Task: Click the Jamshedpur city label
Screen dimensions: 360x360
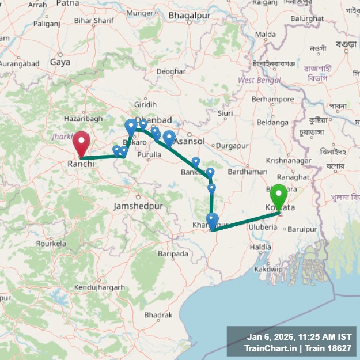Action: pyautogui.click(x=138, y=206)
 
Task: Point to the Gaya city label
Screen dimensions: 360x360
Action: pyautogui.click(x=60, y=62)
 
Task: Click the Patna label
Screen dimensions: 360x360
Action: pyautogui.click(x=68, y=3)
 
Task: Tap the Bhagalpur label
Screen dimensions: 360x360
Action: pyautogui.click(x=188, y=15)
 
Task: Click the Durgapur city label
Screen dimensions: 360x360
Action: pyautogui.click(x=232, y=146)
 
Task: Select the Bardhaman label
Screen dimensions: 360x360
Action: pyautogui.click(x=248, y=171)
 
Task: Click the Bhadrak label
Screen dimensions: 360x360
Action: pyautogui.click(x=158, y=315)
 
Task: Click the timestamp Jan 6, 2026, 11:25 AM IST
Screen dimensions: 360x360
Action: pyautogui.click(x=299, y=336)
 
